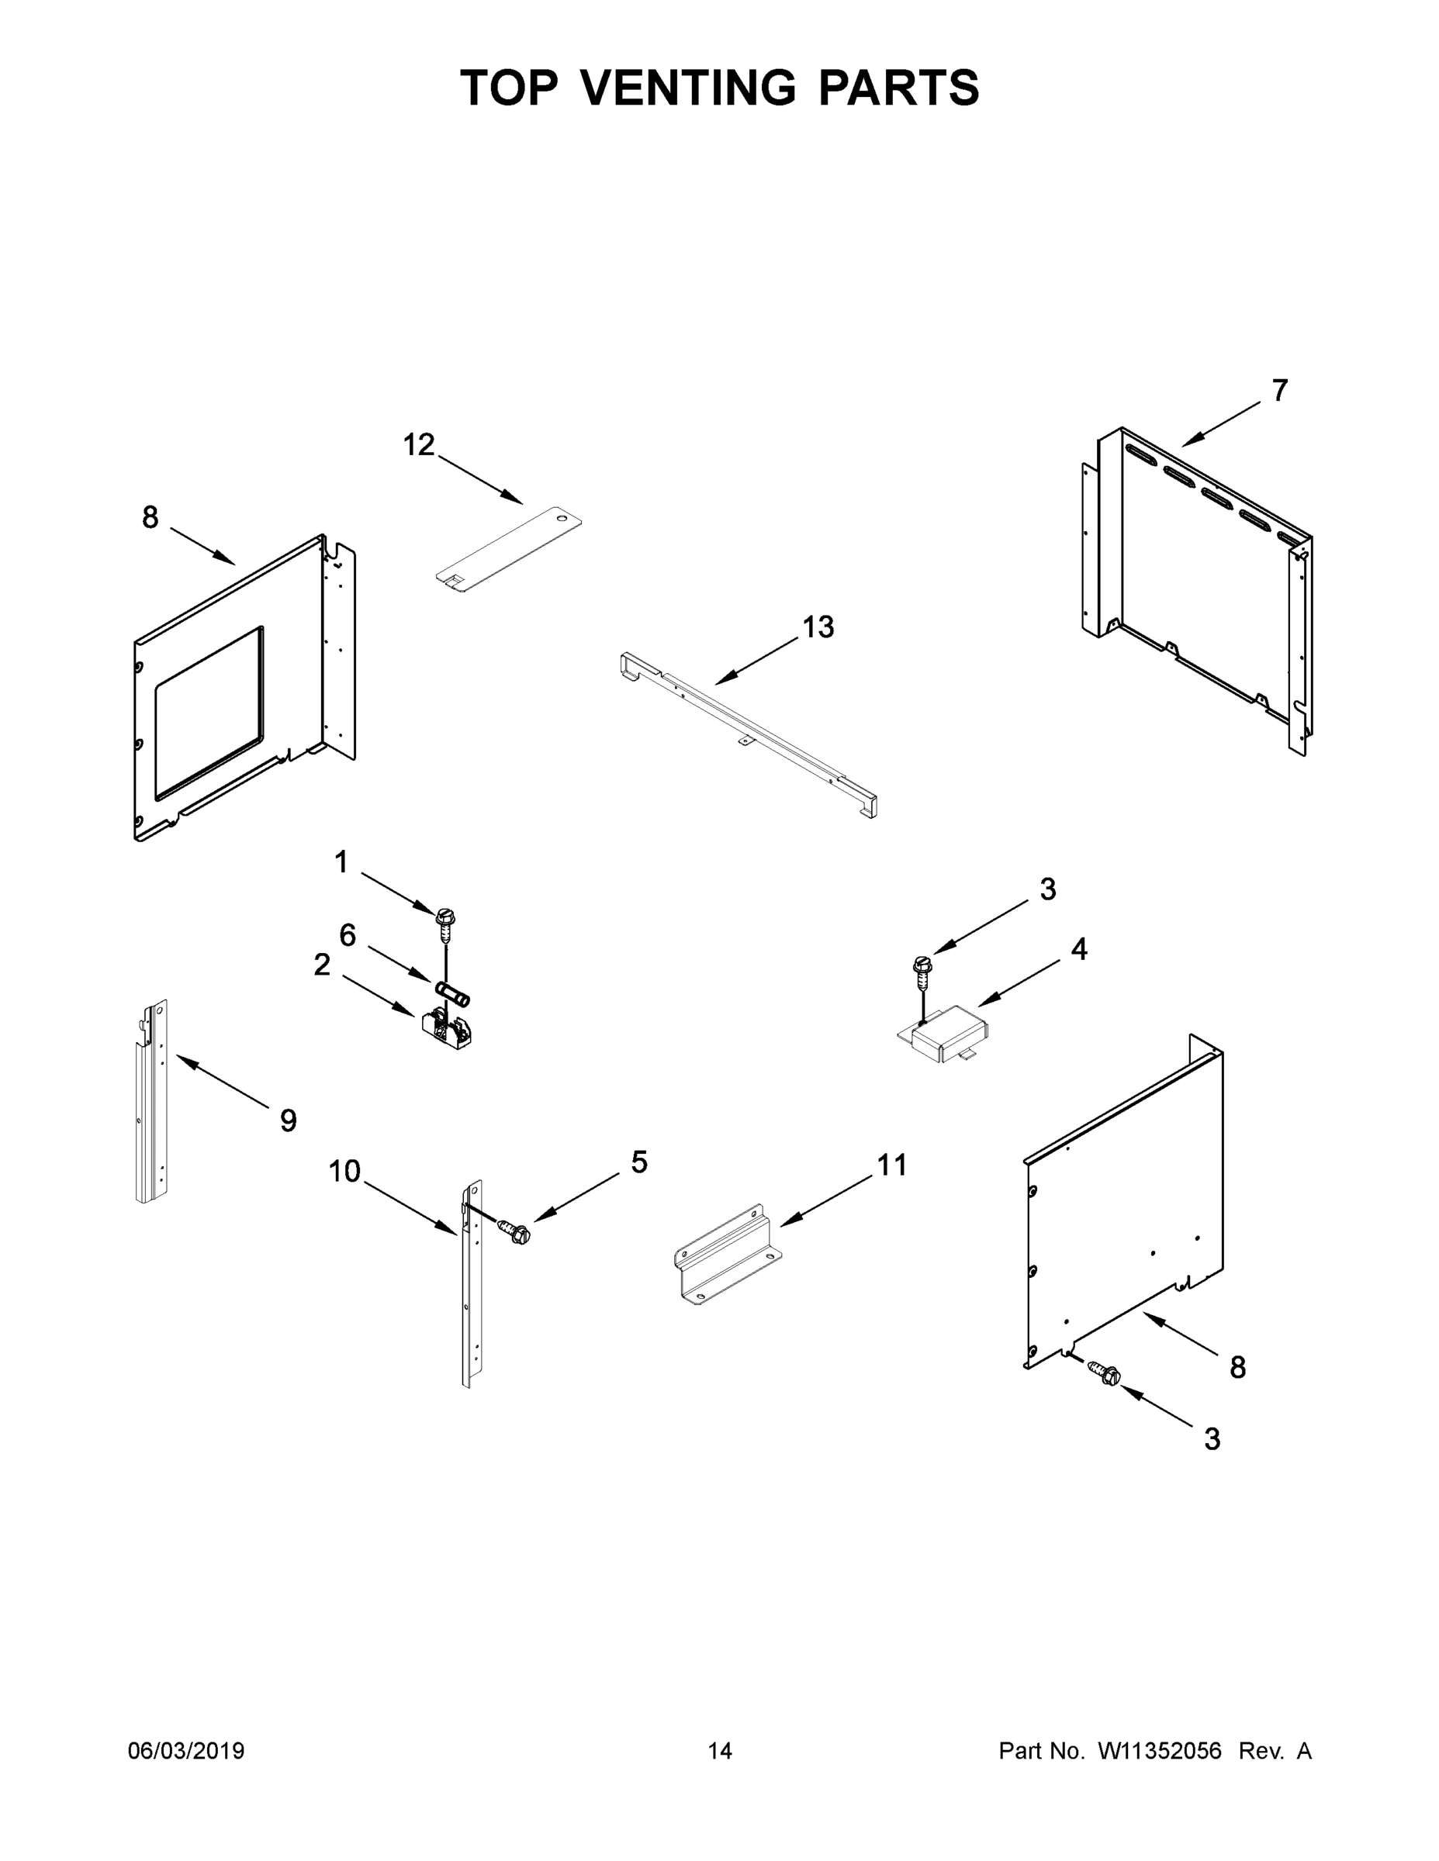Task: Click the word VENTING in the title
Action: (690, 87)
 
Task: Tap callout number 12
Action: (419, 445)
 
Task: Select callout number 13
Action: (818, 627)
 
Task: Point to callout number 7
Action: (1279, 391)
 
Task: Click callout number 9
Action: (288, 1120)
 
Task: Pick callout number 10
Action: (344, 1172)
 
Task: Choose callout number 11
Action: (891, 1165)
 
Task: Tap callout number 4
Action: (1079, 948)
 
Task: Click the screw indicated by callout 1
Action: (445, 921)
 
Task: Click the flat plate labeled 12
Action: (509, 545)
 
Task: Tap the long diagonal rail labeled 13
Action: (748, 733)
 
